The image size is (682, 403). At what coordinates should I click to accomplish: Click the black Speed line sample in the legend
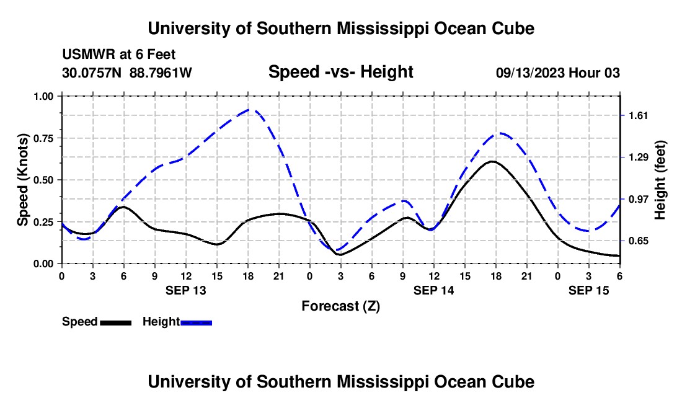[115, 322]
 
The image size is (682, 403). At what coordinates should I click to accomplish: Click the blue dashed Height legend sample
[196, 322]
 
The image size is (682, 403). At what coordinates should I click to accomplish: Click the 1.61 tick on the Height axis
[638, 116]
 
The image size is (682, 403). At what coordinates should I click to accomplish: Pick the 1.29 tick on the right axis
[638, 157]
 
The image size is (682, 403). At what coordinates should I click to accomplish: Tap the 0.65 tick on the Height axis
[638, 241]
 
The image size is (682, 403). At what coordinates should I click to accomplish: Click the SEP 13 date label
[185, 290]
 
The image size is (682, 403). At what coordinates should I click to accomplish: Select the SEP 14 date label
[433, 290]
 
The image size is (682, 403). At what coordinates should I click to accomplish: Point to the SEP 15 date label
[588, 290]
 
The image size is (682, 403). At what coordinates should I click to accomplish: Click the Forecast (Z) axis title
[340, 306]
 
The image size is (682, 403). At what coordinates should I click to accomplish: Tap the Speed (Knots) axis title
[23, 180]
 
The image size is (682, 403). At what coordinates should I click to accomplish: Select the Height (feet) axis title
[660, 180]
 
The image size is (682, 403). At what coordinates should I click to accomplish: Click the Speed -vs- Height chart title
[340, 73]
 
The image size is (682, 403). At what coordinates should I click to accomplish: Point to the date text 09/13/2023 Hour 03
[558, 73]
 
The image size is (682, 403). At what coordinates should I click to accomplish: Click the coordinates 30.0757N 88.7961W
[127, 73]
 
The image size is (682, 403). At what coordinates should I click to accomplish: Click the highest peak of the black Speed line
[492, 161]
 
